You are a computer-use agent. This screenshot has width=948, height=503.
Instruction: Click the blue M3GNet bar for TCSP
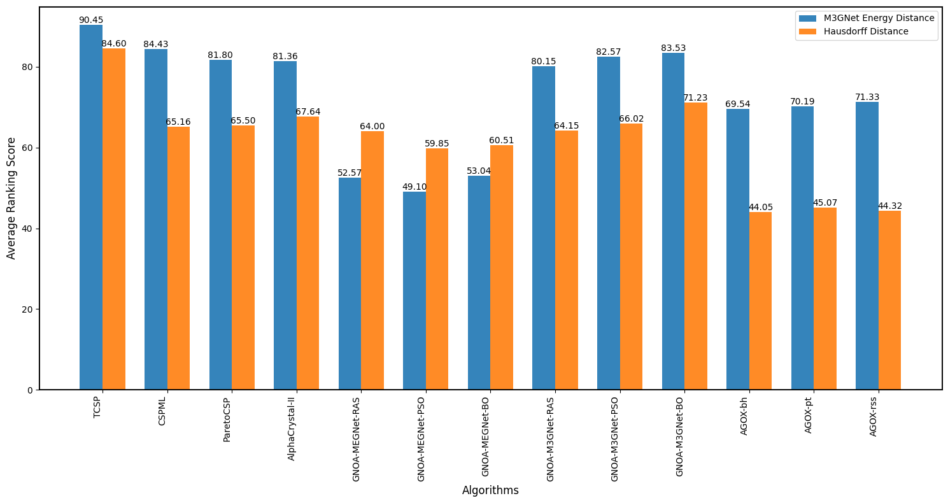(x=91, y=207)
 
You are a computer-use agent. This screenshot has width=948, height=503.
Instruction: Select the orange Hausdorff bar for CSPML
(x=178, y=258)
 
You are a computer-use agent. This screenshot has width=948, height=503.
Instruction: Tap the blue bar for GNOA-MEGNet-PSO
(x=414, y=290)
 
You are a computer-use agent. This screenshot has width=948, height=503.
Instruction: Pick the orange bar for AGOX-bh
(x=760, y=301)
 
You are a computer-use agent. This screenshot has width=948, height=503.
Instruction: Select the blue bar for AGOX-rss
(x=867, y=246)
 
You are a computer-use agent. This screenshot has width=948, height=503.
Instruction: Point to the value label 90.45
(x=90, y=20)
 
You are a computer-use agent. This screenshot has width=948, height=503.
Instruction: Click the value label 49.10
(x=414, y=187)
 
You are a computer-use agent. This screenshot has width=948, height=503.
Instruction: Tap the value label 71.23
(x=695, y=97)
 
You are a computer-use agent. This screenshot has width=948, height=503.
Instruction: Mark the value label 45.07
(x=824, y=202)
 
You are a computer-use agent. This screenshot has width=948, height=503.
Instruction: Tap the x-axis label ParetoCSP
(x=227, y=420)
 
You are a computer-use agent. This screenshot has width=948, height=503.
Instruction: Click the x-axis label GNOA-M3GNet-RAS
(x=550, y=438)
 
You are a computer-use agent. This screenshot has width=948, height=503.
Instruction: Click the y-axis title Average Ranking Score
(x=11, y=198)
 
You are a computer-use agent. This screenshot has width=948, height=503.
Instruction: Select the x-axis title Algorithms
(x=490, y=490)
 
